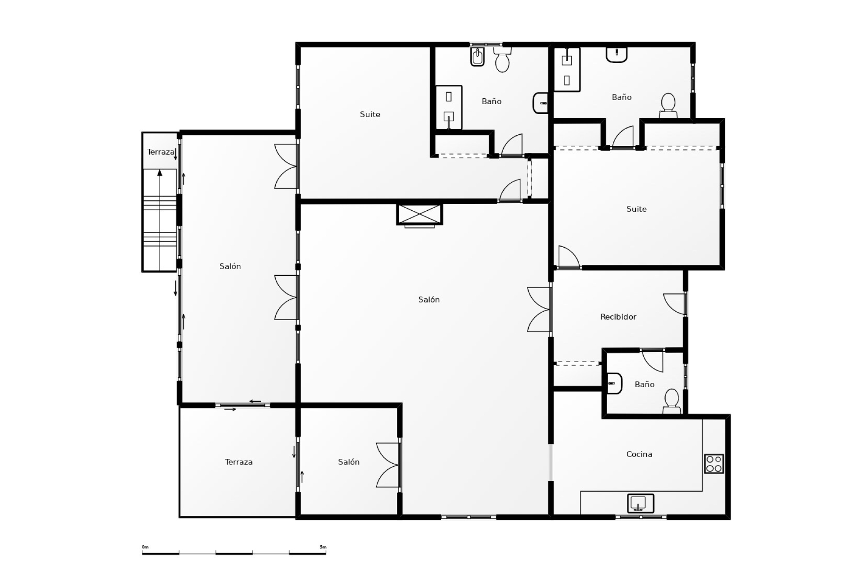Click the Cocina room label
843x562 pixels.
pyautogui.click(x=639, y=454)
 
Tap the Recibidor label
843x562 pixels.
pyautogui.click(x=618, y=317)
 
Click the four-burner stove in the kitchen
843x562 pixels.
pyautogui.click(x=713, y=464)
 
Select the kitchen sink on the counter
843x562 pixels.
pyautogui.click(x=641, y=503)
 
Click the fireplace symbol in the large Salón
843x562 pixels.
pyautogui.click(x=419, y=215)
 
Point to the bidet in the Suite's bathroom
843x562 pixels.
pyautogui.click(x=477, y=57)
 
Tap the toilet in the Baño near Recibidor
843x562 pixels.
pyautogui.click(x=671, y=400)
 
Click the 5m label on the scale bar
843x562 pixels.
pyautogui.click(x=323, y=547)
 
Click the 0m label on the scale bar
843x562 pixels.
pyautogui.click(x=145, y=547)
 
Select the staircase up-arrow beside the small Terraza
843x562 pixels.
pyautogui.click(x=160, y=173)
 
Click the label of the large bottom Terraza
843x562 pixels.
pyautogui.click(x=238, y=462)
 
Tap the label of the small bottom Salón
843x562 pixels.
pyautogui.click(x=349, y=462)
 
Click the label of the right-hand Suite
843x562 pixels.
pyautogui.click(x=636, y=209)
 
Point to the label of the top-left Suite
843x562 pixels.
pyautogui.click(x=370, y=115)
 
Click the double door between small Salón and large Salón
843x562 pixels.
pyautogui.click(x=389, y=465)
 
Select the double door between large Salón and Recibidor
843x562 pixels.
pyautogui.click(x=539, y=310)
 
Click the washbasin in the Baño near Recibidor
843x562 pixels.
pyautogui.click(x=614, y=383)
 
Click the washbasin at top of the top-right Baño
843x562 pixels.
pyautogui.click(x=616, y=54)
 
